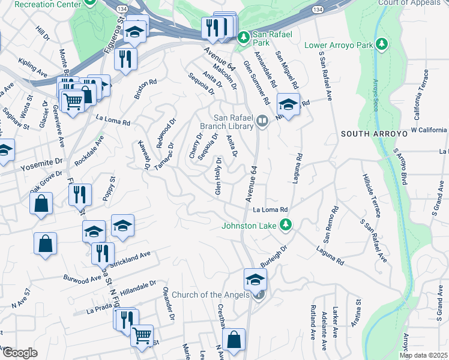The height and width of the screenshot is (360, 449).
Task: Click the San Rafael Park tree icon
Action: click(243, 38)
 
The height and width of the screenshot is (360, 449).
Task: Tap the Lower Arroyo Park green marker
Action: click(381, 45)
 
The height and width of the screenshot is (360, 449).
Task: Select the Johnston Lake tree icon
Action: click(286, 226)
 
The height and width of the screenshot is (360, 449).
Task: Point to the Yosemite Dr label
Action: click(41, 163)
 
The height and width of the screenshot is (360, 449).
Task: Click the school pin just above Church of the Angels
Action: click(255, 279)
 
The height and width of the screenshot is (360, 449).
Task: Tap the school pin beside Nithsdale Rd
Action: click(288, 105)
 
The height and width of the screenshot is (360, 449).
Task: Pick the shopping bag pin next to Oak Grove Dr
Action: click(41, 203)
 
